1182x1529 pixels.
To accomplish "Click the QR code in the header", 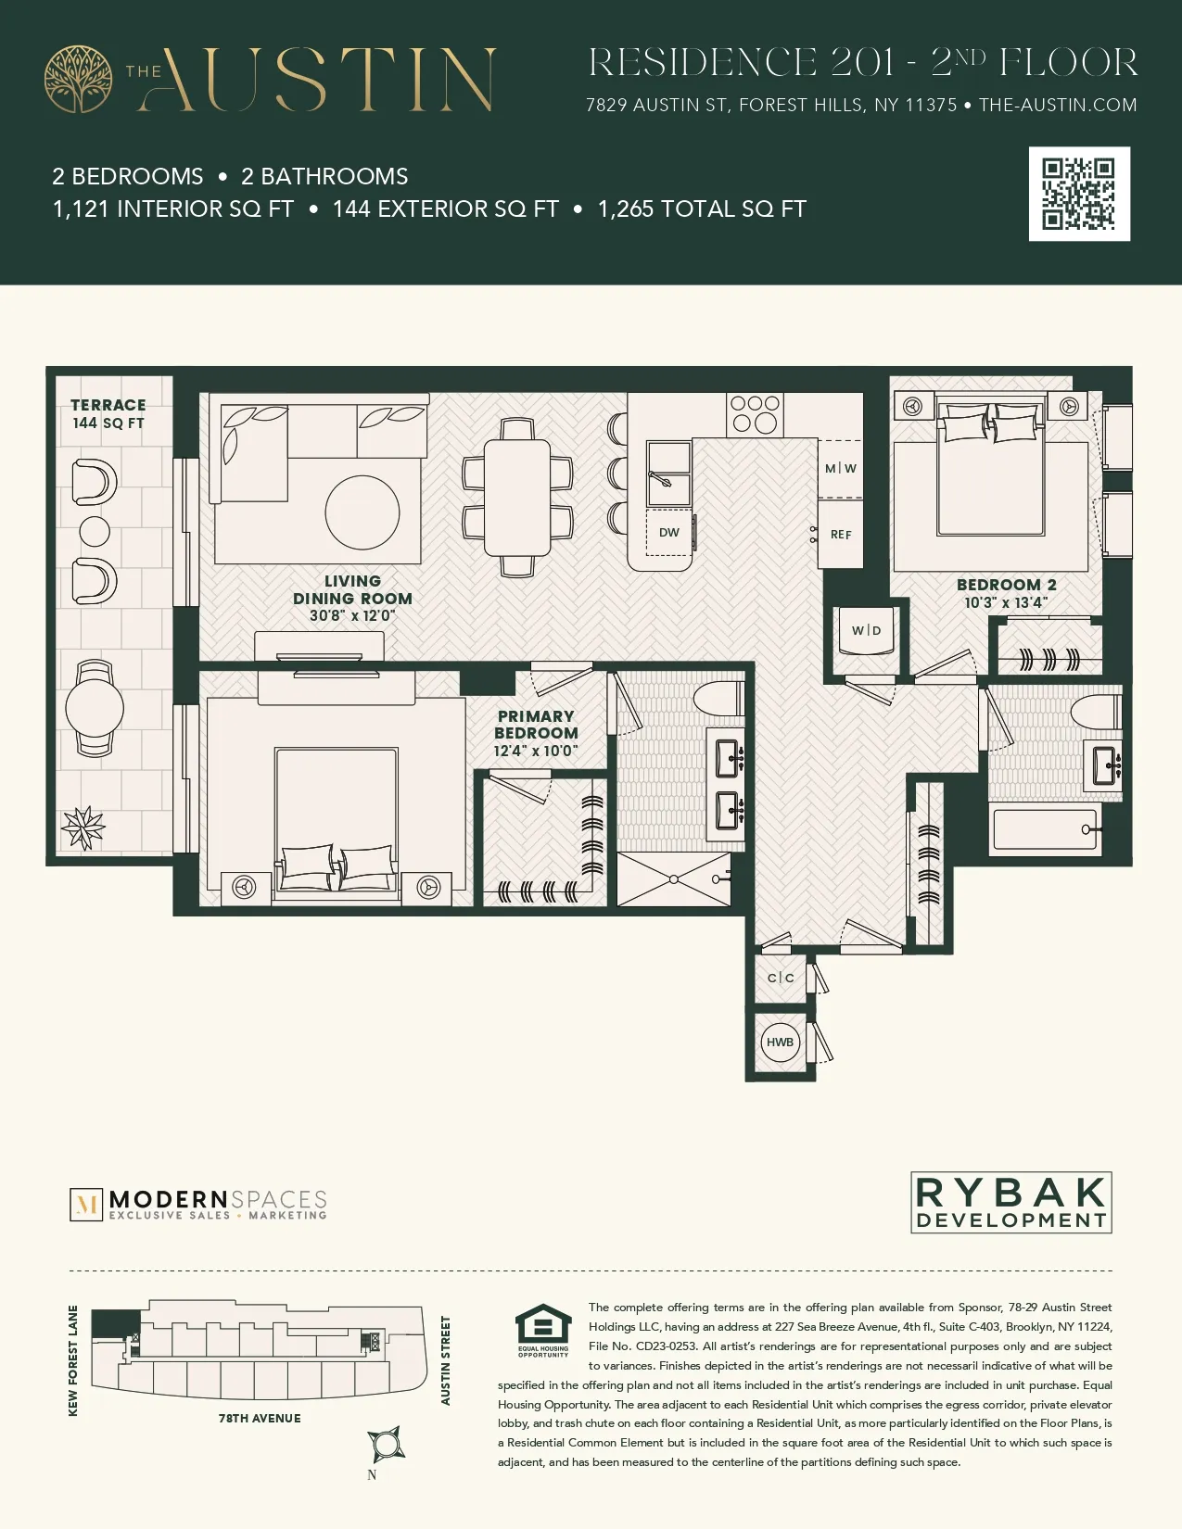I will tap(1079, 194).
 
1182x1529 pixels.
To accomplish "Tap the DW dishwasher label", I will tap(668, 533).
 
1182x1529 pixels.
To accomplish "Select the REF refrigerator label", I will tap(841, 535).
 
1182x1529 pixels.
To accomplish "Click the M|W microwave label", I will tap(841, 469).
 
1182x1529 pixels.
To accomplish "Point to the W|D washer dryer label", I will tap(866, 631).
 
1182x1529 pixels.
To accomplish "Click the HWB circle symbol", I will tap(780, 1042).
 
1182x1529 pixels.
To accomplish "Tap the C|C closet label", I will tap(781, 978).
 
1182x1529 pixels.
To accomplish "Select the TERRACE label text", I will tap(108, 405).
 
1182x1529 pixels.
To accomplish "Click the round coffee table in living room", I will tap(362, 512).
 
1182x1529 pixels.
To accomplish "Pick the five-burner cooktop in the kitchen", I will tap(754, 414).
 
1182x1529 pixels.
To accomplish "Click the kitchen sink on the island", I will tap(668, 474).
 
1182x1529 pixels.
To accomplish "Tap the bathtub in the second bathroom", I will tap(1046, 829).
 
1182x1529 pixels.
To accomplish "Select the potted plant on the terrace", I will tap(83, 828).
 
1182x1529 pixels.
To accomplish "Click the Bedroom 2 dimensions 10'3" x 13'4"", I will tap(1006, 602).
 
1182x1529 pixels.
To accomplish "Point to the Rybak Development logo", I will tap(1010, 1203).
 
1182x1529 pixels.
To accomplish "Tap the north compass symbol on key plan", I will tap(385, 1444).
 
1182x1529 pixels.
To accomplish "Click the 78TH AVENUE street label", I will tap(260, 1419).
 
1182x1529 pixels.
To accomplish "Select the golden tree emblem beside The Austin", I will tap(79, 80).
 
